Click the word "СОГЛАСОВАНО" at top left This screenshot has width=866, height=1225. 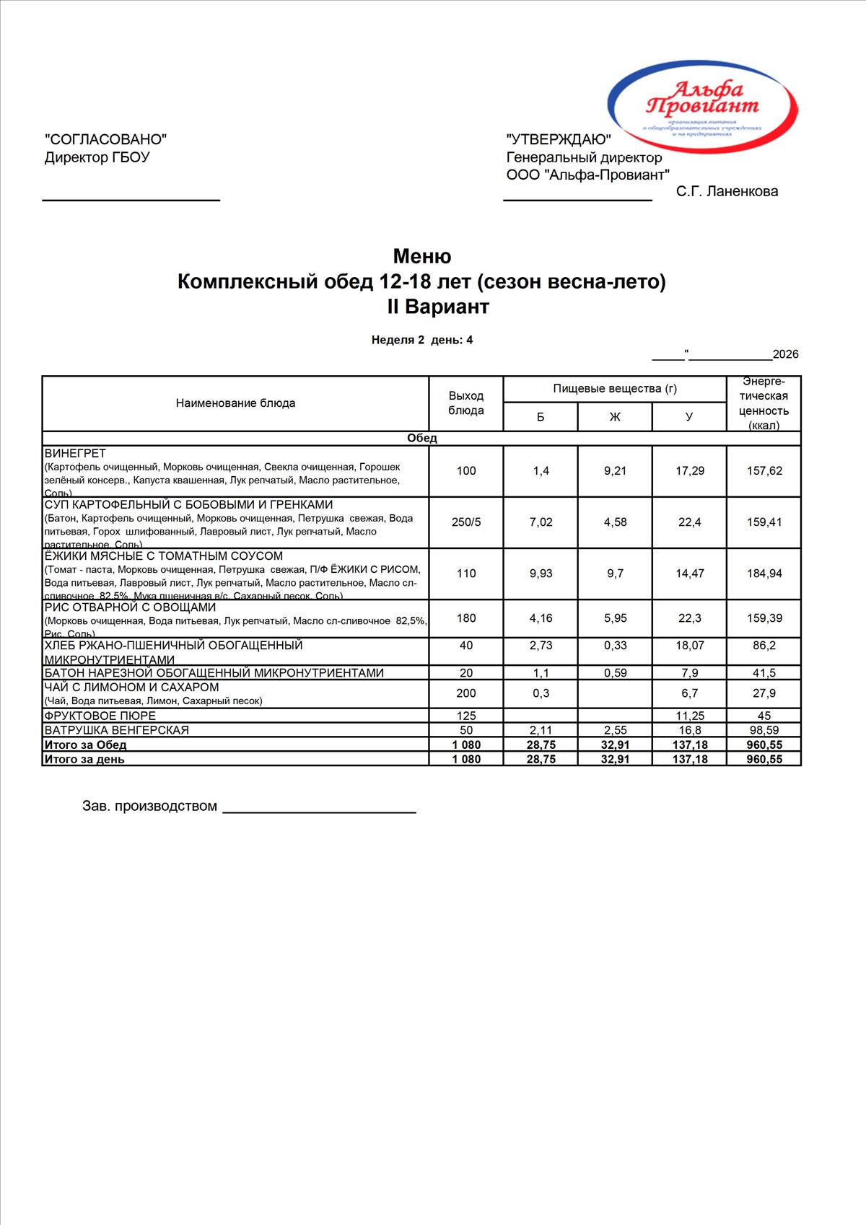click(105, 139)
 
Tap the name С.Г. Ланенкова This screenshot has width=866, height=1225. click(727, 191)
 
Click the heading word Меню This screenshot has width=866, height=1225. click(422, 256)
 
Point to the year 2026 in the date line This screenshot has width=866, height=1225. click(785, 354)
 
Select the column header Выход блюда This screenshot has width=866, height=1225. click(466, 403)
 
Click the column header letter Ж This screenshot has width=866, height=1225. click(615, 417)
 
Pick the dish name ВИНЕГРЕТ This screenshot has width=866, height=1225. click(75, 454)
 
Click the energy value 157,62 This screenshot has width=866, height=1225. click(764, 471)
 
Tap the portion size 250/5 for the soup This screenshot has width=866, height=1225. click(466, 522)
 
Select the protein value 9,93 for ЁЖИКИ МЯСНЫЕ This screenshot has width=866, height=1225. click(541, 574)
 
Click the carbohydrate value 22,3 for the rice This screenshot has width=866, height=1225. click(689, 618)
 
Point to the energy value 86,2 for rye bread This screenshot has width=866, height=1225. click(764, 646)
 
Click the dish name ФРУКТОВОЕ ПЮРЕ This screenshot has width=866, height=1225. click(100, 716)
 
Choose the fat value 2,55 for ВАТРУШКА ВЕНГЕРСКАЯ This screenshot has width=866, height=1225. click(615, 730)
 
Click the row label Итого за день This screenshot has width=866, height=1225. click(84, 759)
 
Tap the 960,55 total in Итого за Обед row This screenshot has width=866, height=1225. click(764, 745)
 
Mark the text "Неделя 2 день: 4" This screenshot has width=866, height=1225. click(422, 340)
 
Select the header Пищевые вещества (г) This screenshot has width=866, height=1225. click(615, 389)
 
